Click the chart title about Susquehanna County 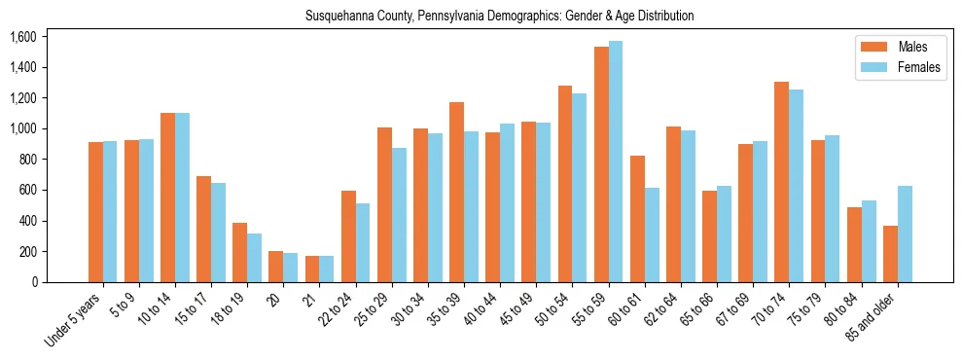point(499,17)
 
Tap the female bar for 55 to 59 point(616,162)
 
